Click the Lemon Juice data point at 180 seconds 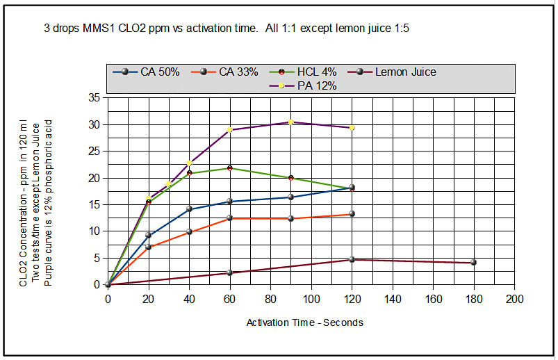point(474,262)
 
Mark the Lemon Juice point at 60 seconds point(230,272)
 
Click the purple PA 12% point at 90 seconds point(291,122)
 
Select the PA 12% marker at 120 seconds point(352,127)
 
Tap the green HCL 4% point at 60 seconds point(230,168)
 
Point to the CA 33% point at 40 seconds point(189,231)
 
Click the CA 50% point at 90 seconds point(291,197)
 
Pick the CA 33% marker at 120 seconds point(352,214)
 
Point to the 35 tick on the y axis point(95,98)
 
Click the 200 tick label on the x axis point(515,298)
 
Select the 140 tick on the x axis point(393,298)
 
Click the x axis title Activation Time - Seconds point(305,322)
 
